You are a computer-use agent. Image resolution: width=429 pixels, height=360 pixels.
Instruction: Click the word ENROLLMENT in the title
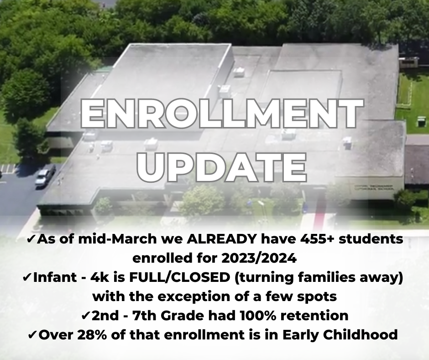click(x=222, y=114)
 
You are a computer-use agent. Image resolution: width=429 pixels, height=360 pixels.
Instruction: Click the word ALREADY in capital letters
click(x=222, y=239)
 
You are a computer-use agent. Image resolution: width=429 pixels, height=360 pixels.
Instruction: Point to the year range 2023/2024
click(x=259, y=258)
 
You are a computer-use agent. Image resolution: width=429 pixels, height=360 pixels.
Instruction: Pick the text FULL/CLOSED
click(x=180, y=277)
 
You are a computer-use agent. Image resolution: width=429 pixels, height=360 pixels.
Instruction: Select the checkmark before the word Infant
click(x=27, y=277)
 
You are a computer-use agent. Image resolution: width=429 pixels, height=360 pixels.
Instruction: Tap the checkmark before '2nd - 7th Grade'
click(x=86, y=316)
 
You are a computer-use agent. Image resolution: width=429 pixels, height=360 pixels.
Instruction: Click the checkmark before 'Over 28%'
click(x=32, y=335)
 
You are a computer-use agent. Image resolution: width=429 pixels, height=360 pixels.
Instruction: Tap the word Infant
click(x=54, y=277)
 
